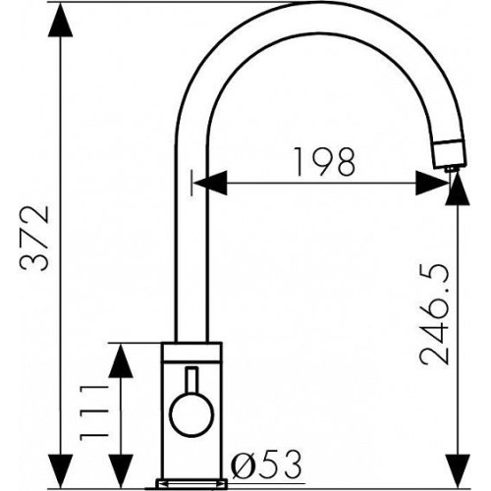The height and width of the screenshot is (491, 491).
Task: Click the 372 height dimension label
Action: tap(34, 239)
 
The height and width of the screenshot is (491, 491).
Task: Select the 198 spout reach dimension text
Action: tap(324, 162)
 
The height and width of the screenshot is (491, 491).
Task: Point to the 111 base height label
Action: tap(94, 412)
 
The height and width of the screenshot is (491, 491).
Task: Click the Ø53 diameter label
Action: tap(265, 464)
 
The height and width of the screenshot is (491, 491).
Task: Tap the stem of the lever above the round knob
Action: tap(191, 381)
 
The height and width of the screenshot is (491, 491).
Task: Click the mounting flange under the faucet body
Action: tap(191, 484)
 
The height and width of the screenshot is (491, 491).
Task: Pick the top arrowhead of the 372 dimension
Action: tap(60, 20)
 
